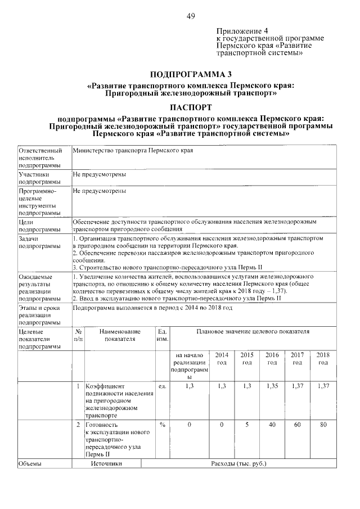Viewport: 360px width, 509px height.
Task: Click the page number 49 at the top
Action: tap(191, 16)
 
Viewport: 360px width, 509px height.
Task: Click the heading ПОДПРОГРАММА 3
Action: tap(191, 74)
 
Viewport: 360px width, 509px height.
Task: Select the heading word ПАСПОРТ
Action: tap(191, 107)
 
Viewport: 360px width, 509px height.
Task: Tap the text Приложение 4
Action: tap(239, 30)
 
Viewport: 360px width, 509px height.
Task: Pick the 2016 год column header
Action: tap(272, 359)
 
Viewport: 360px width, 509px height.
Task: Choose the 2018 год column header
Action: tap(323, 359)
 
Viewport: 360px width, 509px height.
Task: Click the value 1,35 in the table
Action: tap(272, 386)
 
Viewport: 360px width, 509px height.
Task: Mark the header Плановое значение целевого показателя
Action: tap(253, 332)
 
